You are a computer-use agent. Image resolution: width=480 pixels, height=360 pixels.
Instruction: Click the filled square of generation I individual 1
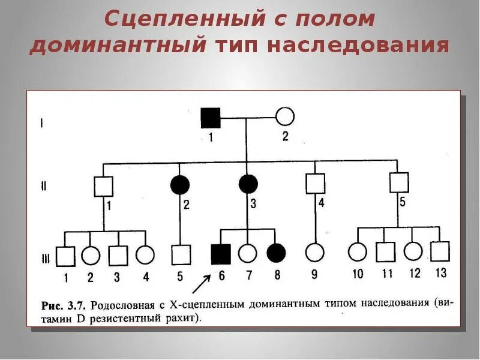(x=211, y=117)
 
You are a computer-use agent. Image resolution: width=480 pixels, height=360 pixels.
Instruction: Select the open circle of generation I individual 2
(x=284, y=116)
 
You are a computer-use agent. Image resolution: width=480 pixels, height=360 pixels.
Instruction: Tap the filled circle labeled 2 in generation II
(x=180, y=185)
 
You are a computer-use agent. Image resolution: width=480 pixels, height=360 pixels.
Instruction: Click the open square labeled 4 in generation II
(x=315, y=183)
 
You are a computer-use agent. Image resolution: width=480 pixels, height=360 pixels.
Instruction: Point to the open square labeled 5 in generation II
(x=399, y=182)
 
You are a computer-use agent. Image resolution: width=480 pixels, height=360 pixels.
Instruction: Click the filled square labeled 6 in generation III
(x=221, y=254)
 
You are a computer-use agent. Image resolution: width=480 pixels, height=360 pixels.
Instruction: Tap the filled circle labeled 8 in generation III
(x=275, y=253)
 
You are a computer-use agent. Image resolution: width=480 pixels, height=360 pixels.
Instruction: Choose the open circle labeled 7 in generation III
(x=247, y=254)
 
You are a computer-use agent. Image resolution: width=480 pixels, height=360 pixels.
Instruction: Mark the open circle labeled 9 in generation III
(x=314, y=253)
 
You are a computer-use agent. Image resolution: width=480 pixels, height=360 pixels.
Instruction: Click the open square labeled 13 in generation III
(x=440, y=251)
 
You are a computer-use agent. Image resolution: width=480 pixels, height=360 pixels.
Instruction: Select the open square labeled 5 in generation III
(x=181, y=255)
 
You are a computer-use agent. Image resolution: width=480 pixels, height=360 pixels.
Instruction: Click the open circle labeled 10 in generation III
(x=358, y=252)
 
